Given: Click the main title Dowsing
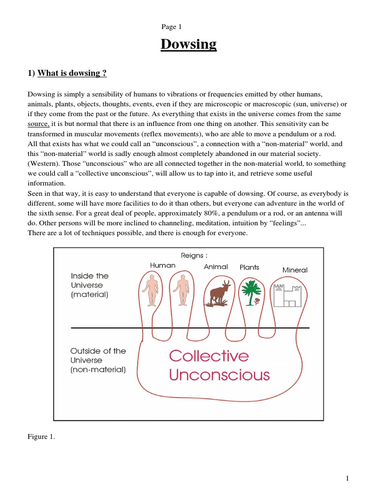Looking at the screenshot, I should click(189, 44).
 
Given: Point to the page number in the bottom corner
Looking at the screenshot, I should click(347, 479).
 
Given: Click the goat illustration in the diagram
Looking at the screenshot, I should click(218, 294).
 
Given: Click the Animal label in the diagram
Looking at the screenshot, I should click(216, 267).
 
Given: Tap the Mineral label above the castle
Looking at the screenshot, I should click(295, 270).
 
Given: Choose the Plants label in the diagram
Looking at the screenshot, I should click(250, 267).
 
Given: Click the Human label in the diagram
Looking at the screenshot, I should click(162, 265).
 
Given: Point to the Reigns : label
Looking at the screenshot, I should click(194, 255).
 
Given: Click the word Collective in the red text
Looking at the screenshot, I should click(209, 356).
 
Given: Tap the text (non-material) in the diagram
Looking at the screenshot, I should click(98, 370).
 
